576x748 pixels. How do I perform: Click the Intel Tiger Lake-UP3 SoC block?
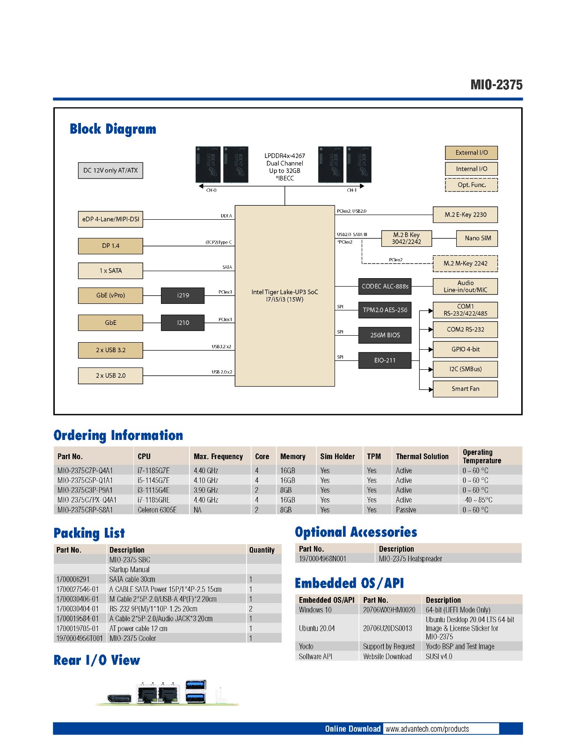click(284, 295)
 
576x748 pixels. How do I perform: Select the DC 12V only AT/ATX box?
click(110, 171)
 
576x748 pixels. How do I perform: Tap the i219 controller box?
click(182, 295)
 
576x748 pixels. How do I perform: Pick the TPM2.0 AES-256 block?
click(385, 310)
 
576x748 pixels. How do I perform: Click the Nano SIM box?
click(477, 238)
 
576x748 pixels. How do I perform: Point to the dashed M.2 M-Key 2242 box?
click(465, 264)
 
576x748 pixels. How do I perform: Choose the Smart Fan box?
click(465, 389)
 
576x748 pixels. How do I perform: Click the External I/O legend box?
click(471, 153)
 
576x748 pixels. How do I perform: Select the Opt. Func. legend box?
click(471, 185)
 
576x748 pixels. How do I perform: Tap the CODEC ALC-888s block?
click(385, 286)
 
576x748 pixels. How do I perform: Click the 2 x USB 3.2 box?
click(110, 350)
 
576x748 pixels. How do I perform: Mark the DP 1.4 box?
click(110, 246)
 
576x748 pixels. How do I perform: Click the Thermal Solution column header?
click(422, 457)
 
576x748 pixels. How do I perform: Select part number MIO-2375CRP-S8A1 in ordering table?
click(85, 510)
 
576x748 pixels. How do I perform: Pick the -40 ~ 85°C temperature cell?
click(477, 500)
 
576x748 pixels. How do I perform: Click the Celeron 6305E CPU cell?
click(157, 510)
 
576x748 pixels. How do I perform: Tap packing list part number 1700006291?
click(73, 579)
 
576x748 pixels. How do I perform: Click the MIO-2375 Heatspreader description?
click(410, 559)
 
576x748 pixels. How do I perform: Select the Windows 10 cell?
click(315, 610)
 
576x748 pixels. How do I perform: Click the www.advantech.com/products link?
click(427, 729)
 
